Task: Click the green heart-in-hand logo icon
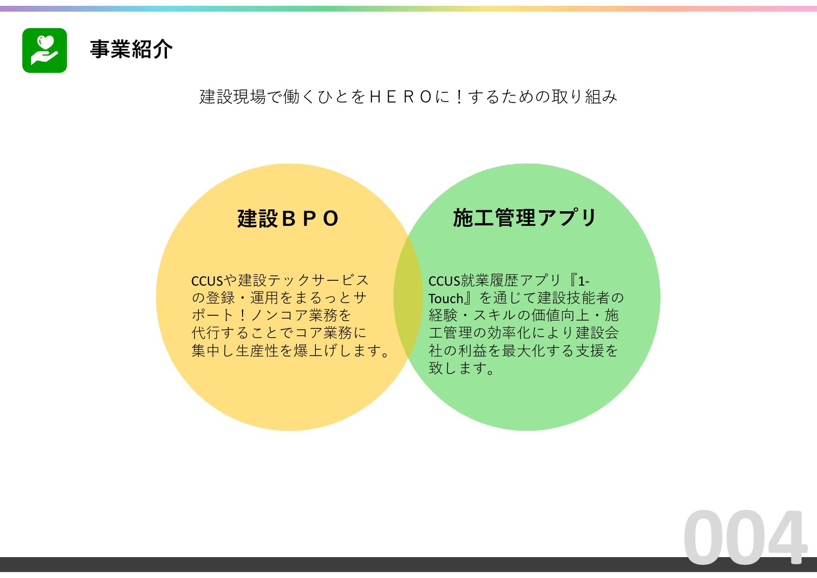[x=45, y=51]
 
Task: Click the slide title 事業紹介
[x=131, y=50]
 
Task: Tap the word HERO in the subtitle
[x=400, y=97]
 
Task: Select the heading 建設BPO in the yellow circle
[x=288, y=219]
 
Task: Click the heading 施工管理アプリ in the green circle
[x=525, y=218]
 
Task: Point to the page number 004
[x=745, y=538]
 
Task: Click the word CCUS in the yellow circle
[x=207, y=281]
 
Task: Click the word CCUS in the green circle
[x=444, y=281]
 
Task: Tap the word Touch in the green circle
[x=446, y=299]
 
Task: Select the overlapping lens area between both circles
[x=408, y=297]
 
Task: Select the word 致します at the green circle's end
[x=458, y=369]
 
